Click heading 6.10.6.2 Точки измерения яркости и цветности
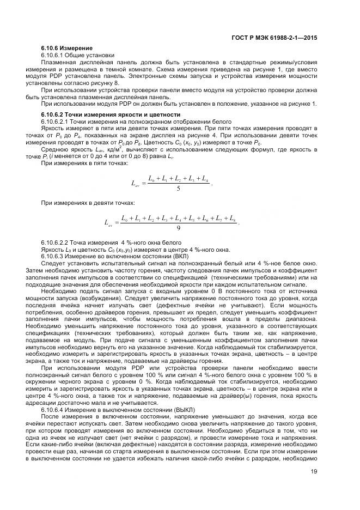[x=110, y=114]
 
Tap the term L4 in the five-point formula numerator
[x=204, y=179]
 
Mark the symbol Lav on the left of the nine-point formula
[x=107, y=223]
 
